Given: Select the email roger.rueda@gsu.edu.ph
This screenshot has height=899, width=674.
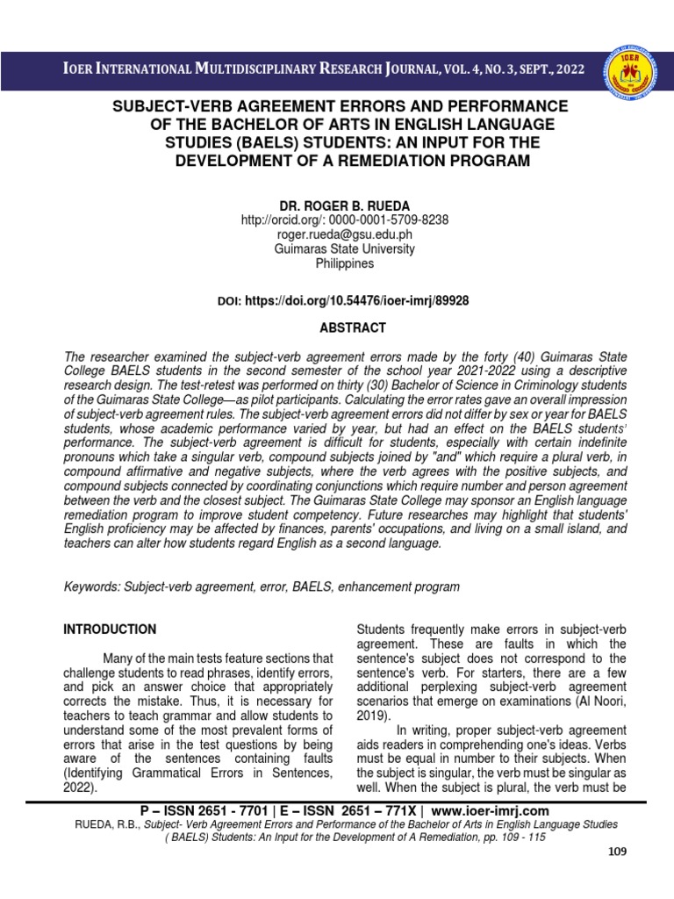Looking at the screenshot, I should [338, 234].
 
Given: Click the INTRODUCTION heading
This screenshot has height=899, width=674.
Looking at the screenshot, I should [110, 629].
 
